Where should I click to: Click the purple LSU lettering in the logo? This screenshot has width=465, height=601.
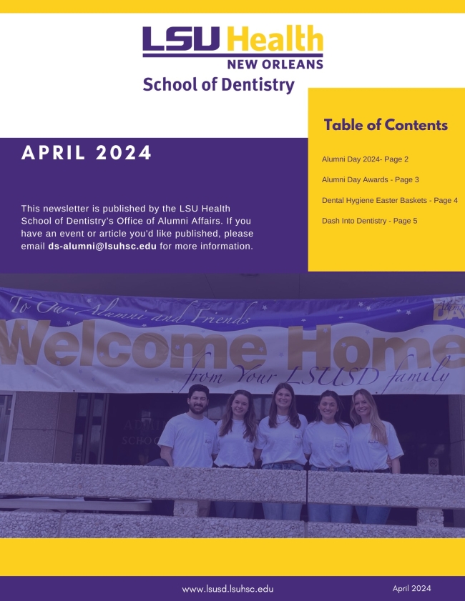(181, 39)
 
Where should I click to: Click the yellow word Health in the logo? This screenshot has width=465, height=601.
(275, 39)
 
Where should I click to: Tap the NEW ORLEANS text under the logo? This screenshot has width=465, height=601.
(275, 64)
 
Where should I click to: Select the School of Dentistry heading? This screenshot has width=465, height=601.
(219, 85)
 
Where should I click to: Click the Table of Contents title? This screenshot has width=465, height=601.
(386, 125)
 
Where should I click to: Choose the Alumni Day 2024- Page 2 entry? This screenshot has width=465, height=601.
(365, 159)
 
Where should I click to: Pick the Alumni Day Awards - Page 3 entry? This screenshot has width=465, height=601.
(371, 179)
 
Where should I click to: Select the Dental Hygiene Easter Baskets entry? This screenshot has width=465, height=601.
(389, 200)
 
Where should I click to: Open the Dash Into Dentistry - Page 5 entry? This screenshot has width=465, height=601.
(369, 221)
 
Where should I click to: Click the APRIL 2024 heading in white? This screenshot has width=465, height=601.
(87, 152)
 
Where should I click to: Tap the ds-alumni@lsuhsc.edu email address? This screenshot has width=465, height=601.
(102, 246)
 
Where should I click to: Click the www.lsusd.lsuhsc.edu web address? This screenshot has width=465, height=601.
(227, 589)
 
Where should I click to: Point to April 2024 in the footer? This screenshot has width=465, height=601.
(411, 588)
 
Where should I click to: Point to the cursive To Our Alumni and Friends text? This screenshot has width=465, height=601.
(129, 309)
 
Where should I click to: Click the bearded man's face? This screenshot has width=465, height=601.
(198, 401)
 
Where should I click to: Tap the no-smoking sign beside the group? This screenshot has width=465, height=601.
(433, 463)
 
